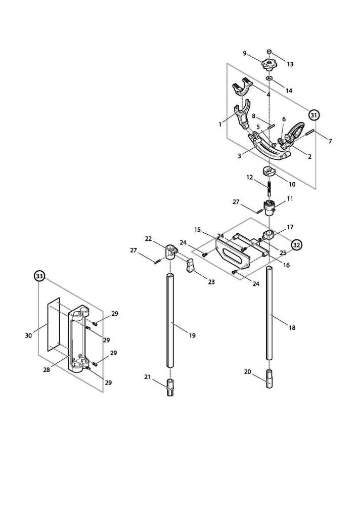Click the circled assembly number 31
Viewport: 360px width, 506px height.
[x=314, y=115]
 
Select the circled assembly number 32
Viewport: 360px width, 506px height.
[x=297, y=245]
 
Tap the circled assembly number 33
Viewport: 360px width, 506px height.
[x=39, y=276]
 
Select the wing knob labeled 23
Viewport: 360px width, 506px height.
[x=191, y=265]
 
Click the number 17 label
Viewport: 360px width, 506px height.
[x=290, y=227]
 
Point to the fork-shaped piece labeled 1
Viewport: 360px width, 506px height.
[x=242, y=116]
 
